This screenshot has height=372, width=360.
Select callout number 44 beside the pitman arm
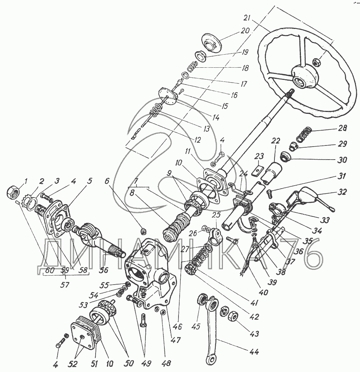pyautogui.click(x=255, y=351)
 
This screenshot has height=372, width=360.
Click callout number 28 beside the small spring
pyautogui.click(x=342, y=128)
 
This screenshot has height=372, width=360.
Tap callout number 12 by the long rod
pyautogui.click(x=197, y=140)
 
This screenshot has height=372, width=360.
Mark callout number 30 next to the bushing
pyautogui.click(x=342, y=160)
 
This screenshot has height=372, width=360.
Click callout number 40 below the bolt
pyautogui.click(x=264, y=292)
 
